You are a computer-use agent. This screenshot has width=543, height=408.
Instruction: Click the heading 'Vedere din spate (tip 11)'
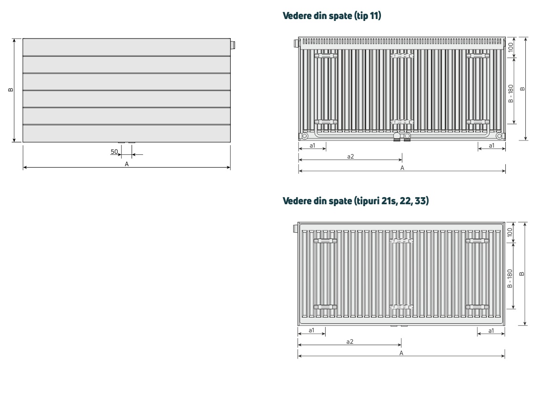(x=332, y=17)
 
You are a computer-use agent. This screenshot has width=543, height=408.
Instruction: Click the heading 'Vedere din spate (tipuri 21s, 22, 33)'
(x=356, y=201)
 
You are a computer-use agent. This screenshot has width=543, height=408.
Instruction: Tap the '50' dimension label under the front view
(x=114, y=151)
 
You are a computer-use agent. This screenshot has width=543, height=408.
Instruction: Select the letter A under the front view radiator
(x=127, y=164)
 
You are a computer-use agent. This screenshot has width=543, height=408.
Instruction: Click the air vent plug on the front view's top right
(x=232, y=46)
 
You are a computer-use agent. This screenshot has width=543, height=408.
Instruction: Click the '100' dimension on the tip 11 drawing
(x=511, y=47)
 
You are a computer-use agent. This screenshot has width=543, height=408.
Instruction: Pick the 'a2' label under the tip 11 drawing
(x=350, y=157)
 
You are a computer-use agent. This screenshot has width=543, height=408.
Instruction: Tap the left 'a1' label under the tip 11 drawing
(x=312, y=145)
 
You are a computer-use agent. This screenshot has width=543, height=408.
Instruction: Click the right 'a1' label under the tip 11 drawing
(x=492, y=145)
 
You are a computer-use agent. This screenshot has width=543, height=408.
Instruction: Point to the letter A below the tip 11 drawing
(x=402, y=168)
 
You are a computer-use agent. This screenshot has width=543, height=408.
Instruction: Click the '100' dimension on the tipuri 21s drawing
(x=511, y=232)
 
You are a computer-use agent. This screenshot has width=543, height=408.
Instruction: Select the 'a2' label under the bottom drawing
(x=349, y=342)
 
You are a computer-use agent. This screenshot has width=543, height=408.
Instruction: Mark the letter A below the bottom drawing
(x=401, y=353)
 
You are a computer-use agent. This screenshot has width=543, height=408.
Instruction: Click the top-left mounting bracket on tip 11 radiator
(x=326, y=56)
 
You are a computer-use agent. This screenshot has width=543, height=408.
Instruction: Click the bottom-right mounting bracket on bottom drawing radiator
(x=477, y=307)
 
